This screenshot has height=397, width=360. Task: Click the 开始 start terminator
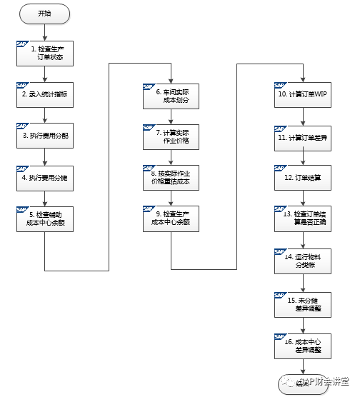pos(44,13)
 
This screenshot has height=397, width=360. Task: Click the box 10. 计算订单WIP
pos(303,94)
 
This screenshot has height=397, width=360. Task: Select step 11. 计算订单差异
pos(303,136)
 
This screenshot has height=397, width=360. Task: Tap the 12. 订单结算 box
pos(303,177)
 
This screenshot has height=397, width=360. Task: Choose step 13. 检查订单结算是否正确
pos(303,218)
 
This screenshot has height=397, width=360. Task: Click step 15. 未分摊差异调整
pos(303,303)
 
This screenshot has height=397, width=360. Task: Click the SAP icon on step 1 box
pos(21,44)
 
